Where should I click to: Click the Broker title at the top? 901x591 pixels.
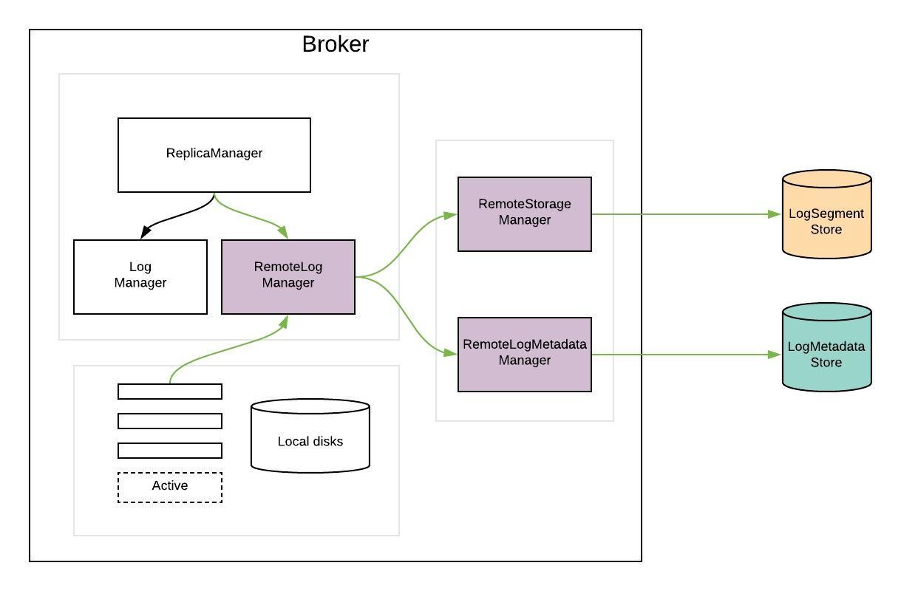tap(335, 44)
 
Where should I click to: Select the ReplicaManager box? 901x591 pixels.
tap(214, 154)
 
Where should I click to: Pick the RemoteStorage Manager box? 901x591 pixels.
tap(525, 213)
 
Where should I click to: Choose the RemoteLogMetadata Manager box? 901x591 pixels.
tap(525, 354)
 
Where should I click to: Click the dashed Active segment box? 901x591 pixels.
tap(170, 487)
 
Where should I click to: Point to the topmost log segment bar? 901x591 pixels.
tap(170, 392)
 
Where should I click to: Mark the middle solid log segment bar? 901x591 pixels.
tap(170, 421)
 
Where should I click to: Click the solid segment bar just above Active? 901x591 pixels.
tap(170, 451)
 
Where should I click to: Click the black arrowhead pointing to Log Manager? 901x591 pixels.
tap(146, 233)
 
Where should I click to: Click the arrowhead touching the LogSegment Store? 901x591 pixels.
tap(775, 214)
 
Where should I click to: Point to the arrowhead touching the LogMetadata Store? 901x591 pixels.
tap(775, 355)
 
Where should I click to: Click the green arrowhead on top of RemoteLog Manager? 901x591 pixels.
tap(282, 233)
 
